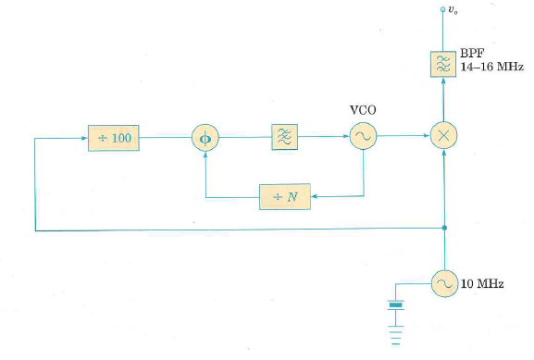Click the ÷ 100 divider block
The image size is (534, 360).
(x=114, y=138)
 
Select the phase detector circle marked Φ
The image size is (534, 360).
(x=205, y=138)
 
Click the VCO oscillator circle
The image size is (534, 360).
(x=363, y=138)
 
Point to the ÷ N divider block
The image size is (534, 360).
(x=284, y=197)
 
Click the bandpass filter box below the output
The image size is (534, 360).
(x=445, y=63)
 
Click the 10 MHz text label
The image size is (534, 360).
(x=482, y=283)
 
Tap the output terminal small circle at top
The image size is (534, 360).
(x=445, y=10)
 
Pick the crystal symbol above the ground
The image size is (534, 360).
(x=397, y=304)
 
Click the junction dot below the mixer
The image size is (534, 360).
(x=445, y=229)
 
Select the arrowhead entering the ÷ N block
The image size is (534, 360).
(x=314, y=197)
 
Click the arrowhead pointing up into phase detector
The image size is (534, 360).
(x=205, y=155)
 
